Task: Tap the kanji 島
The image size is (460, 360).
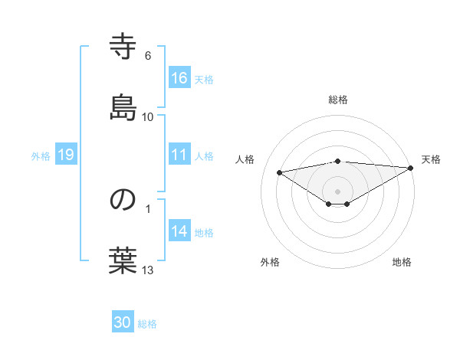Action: [x=123, y=106]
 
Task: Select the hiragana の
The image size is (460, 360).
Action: [x=123, y=200]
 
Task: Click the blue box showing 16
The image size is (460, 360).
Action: [x=179, y=78]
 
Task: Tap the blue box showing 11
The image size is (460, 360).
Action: [x=179, y=155]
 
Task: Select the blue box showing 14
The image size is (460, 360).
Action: [x=179, y=231]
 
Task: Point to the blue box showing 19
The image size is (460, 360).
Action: [x=66, y=155]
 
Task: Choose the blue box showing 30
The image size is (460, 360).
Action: [x=123, y=322]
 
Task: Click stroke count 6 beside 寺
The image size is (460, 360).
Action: [x=148, y=56]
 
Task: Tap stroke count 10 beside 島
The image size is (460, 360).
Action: [x=148, y=116]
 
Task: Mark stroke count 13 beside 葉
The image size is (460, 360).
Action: [x=148, y=270]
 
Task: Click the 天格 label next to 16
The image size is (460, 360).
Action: [x=204, y=79]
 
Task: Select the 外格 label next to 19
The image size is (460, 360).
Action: [x=41, y=155]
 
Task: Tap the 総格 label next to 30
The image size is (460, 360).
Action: [x=147, y=323]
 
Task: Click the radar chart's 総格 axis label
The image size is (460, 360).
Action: [x=338, y=100]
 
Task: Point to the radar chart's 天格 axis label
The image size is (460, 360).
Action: [x=431, y=159]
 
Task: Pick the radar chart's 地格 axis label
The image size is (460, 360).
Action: [x=402, y=263]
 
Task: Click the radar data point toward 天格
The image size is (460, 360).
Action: [x=412, y=168]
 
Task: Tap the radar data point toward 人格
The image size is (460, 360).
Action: [x=280, y=172]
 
